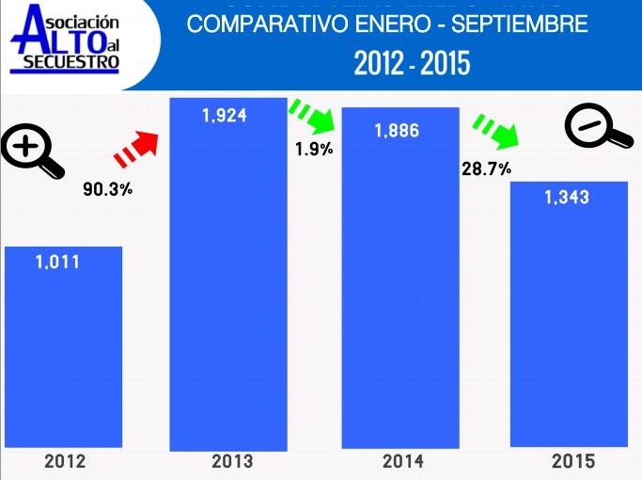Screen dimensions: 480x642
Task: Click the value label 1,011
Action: click(x=58, y=263)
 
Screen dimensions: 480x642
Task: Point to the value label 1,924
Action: click(x=225, y=116)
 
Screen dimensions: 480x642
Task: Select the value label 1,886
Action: click(x=397, y=131)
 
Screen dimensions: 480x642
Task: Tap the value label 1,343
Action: click(x=567, y=197)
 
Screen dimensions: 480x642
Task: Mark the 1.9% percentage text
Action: click(x=314, y=149)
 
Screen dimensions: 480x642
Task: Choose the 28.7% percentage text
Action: click(x=486, y=169)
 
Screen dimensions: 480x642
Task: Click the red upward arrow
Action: click(x=135, y=147)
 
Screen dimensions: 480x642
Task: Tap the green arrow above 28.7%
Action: click(x=495, y=131)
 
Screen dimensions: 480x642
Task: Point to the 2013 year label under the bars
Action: click(x=232, y=461)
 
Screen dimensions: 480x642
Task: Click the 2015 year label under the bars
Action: click(x=572, y=461)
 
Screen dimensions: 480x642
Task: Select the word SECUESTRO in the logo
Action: click(x=66, y=63)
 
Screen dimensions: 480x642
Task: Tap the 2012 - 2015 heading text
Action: click(x=412, y=63)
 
